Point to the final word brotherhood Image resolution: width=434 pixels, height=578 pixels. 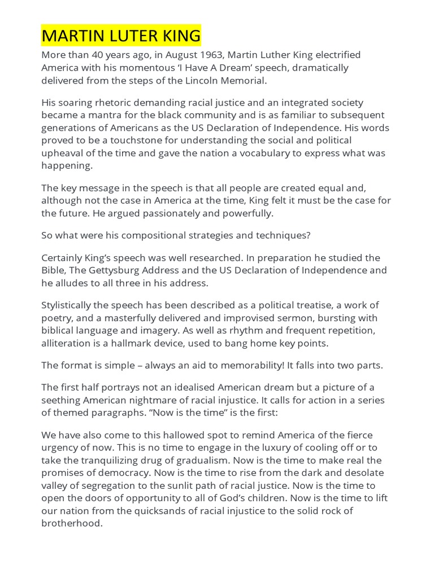(71, 523)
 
